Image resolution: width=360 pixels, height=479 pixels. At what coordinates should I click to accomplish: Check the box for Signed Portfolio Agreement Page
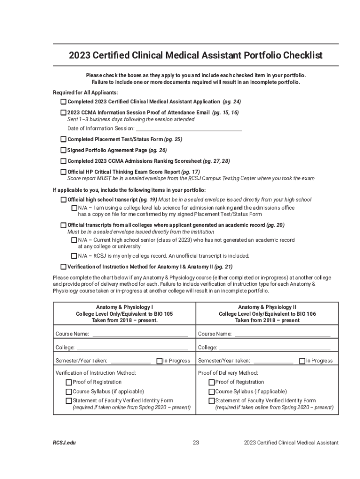pos(64,150)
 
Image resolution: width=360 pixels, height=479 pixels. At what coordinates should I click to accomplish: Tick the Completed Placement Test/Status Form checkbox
pos(64,139)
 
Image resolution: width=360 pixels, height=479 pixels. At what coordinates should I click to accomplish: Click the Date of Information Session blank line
pos(188,129)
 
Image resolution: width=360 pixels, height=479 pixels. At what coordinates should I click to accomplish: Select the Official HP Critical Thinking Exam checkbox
pos(64,172)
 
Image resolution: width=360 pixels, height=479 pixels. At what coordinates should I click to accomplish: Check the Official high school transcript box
pos(64,200)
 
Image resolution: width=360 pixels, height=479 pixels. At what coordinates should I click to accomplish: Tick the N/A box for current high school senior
pos(74,240)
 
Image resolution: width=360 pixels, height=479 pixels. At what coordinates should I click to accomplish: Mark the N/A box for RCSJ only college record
pos(74,256)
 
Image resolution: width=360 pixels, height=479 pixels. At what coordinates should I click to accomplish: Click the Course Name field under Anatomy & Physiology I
pos(140,334)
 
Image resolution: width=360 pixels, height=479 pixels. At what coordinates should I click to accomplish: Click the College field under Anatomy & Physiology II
pos(274,348)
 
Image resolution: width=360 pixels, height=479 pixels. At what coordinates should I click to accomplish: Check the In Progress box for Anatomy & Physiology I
pos(159,361)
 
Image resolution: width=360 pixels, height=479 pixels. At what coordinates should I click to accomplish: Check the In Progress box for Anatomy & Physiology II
pos(302,361)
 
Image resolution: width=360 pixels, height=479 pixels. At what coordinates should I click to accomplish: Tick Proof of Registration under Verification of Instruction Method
pos(69,382)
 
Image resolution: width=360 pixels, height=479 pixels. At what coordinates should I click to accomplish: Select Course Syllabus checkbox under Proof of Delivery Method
pos(211,392)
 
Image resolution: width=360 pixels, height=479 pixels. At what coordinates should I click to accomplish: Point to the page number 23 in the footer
pos(196,443)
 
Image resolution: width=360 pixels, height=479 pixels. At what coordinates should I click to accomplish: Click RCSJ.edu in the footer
pos(64,443)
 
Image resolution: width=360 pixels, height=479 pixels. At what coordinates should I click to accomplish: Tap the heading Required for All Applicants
pos(85,92)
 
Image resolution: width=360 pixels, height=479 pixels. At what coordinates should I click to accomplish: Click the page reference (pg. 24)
pos(232,102)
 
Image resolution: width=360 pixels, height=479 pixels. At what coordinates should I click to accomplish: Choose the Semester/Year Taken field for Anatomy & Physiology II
pos(273,361)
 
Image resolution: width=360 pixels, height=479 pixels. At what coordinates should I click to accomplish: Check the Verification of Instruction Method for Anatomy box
pos(64,267)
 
